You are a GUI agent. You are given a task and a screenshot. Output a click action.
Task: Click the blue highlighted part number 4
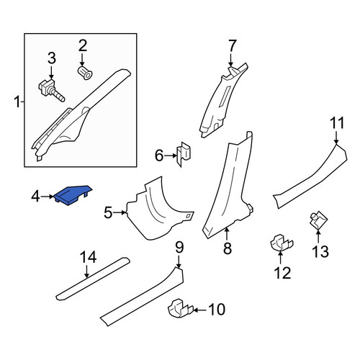coord(73,194)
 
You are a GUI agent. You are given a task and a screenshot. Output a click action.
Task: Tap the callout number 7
coord(233,46)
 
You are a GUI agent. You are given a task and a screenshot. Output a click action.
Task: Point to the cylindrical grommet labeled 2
coord(86,73)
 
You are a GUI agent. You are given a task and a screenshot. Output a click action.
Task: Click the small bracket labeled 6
coord(184,154)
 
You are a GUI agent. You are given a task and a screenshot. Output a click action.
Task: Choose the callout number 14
coord(89,257)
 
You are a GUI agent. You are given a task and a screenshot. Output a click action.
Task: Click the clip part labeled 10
coord(181,309)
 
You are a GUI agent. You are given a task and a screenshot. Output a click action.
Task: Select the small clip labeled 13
coord(318,220)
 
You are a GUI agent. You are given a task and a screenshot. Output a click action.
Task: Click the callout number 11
coord(337,123)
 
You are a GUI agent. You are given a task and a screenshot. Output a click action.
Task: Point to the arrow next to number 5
coord(120,212)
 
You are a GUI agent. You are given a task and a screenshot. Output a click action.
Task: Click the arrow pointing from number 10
coord(200,310)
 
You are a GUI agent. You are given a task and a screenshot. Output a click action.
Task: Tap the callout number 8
coord(228,248)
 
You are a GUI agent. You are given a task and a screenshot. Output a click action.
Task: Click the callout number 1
coord(17,102)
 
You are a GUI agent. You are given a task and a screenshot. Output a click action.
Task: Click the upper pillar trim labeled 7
coord(221,101)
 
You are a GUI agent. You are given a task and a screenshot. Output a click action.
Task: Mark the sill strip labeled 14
coord(93,279)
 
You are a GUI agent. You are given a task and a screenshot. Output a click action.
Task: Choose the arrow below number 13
coord(318,235)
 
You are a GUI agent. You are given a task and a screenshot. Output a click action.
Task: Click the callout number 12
coord(282,273)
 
